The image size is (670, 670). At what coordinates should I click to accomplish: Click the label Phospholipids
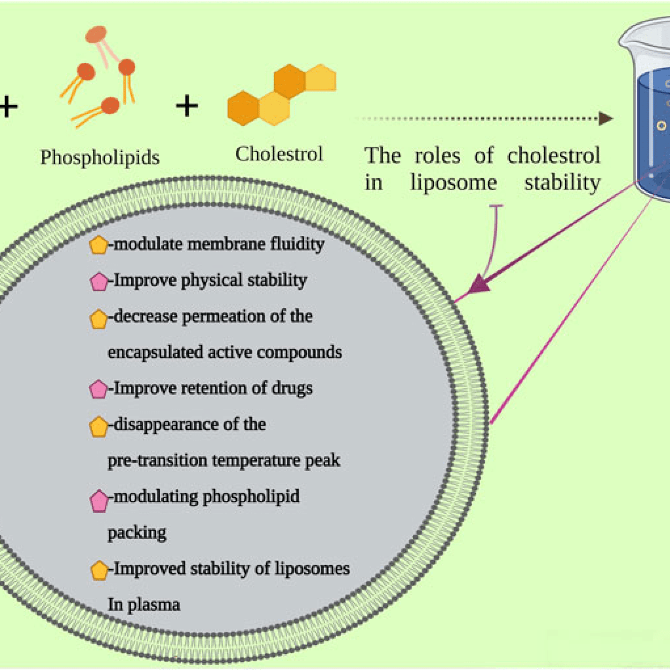pos(100,158)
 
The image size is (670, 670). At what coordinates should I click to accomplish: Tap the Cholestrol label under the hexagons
pos(279,154)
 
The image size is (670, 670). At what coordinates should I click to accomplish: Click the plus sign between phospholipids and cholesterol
pos(187,106)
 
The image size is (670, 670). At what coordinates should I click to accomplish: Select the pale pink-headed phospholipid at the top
pos(96,35)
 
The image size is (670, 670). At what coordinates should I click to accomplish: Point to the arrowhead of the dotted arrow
pos(606,118)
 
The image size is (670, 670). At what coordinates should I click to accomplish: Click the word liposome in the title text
pos(453,183)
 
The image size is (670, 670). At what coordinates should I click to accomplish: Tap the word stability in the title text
pos(562,183)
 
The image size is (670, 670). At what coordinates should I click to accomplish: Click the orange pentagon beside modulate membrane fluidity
pos(99,245)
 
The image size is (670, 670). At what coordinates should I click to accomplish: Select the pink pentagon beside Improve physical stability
pos(99,282)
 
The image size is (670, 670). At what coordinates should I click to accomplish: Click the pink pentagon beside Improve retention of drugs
pos(99,389)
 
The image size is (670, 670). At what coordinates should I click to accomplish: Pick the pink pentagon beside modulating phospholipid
pos(99,501)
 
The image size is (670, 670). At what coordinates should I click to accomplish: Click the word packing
pos(137,533)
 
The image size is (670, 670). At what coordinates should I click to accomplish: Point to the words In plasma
pos(144,605)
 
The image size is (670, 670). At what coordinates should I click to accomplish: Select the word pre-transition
pos(157,461)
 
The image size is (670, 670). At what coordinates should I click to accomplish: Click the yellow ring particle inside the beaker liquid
pos(661,125)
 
